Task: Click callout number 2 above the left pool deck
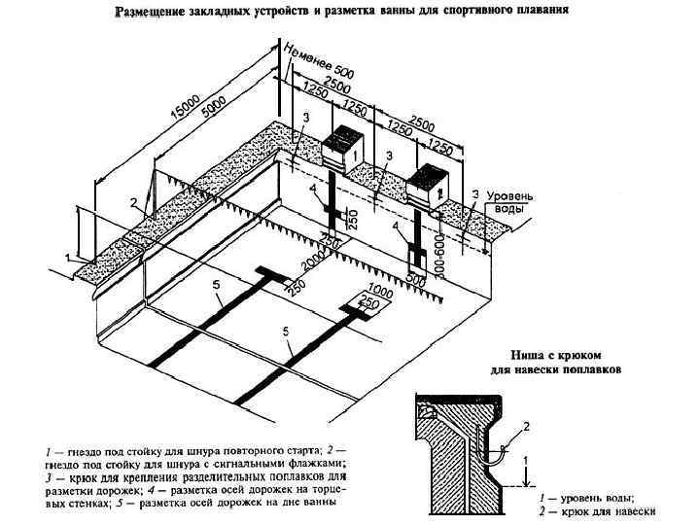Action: click(133, 203)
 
